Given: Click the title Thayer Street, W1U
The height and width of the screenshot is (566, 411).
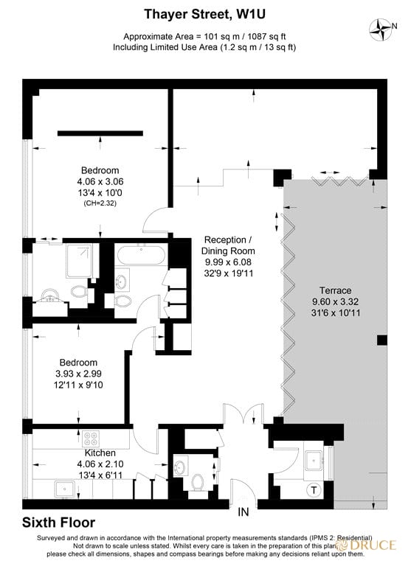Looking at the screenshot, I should [205, 14].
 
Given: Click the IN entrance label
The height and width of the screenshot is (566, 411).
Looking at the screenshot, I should [244, 511].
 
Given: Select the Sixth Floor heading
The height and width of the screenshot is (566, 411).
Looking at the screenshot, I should [58, 523].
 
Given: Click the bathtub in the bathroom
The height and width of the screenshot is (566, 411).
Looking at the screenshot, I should [142, 255].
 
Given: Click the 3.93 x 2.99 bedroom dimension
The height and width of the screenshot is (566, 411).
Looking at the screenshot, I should [78, 374].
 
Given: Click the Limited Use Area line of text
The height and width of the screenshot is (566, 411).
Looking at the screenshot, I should [205, 47].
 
